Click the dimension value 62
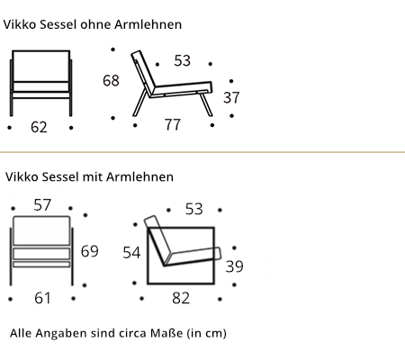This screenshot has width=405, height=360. pyautogui.click(x=39, y=127)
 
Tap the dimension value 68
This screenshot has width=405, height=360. pyautogui.click(x=111, y=80)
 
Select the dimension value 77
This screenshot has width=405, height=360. pyautogui.click(x=173, y=124)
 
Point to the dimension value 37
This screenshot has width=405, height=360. pyautogui.click(x=231, y=97)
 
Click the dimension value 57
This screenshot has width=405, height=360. pyautogui.click(x=42, y=205)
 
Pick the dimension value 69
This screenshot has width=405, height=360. pyautogui.click(x=90, y=251)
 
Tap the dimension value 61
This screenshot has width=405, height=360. pyautogui.click(x=42, y=298)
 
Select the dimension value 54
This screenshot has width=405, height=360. pyautogui.click(x=131, y=253)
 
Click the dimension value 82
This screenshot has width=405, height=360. pyautogui.click(x=181, y=298)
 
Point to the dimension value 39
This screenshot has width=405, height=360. pyautogui.click(x=234, y=266)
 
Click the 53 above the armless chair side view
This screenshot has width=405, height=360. pyautogui.click(x=183, y=60)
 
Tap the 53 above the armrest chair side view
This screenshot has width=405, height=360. pyautogui.click(x=194, y=209)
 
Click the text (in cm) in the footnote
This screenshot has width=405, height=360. pyautogui.click(x=206, y=333)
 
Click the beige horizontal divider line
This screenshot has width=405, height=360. pyautogui.click(x=202, y=152)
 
